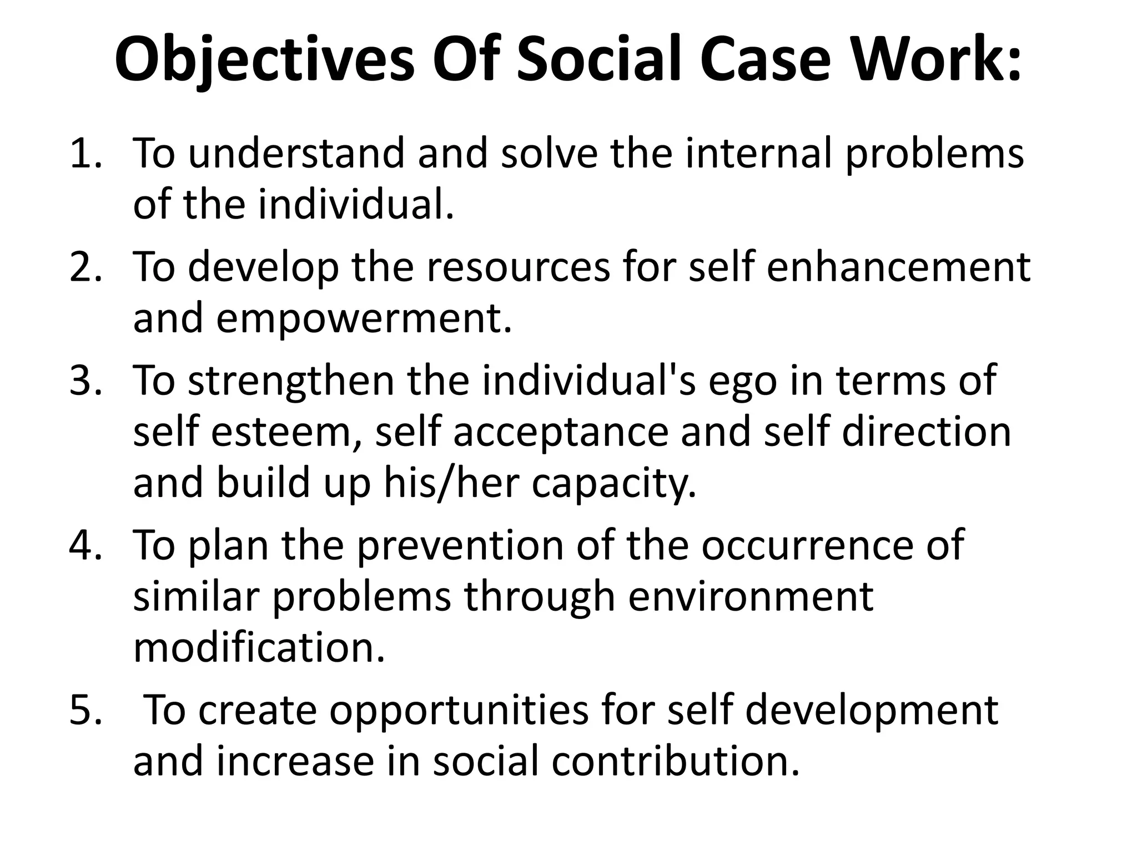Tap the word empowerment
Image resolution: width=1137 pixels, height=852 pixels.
click(x=364, y=319)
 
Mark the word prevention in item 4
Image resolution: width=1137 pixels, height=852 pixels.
click(x=459, y=546)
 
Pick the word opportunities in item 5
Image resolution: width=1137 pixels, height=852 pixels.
click(x=459, y=712)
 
